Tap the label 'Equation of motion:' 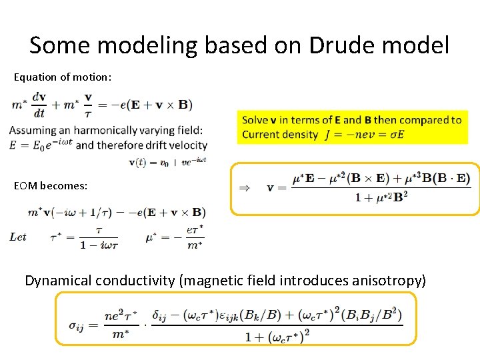coord(63,77)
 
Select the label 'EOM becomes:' coord(51,186)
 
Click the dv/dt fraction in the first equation coord(39,105)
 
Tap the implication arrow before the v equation coord(245,188)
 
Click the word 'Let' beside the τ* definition coord(18,237)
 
